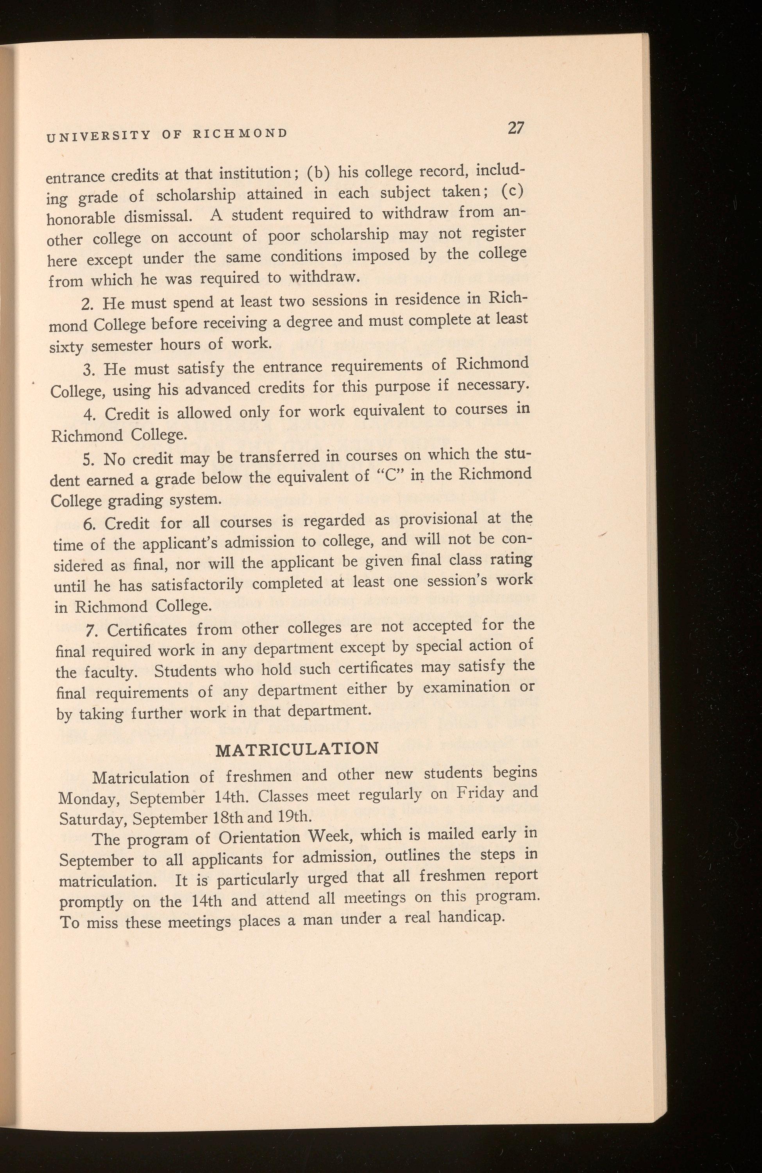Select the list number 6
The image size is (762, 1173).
(89, 524)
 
